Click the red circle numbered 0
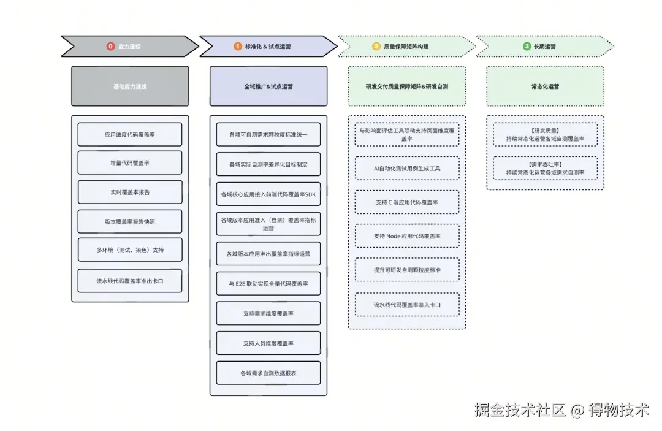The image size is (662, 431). point(110,47)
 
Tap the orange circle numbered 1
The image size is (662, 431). point(237,47)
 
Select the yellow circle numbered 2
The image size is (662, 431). point(376,47)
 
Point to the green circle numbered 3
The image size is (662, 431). point(527,47)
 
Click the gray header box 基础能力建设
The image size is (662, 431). point(130,86)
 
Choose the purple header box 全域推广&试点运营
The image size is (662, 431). point(268,86)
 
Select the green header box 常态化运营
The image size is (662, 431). point(545,86)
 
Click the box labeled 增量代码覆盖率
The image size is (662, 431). point(130,163)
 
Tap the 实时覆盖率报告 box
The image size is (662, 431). point(130,193)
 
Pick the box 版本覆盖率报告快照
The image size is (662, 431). point(130,222)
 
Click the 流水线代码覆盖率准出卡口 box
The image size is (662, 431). point(130,281)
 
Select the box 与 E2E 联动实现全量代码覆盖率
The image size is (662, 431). point(268,284)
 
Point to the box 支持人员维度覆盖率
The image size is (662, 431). point(268,343)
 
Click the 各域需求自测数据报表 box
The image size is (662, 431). point(268,373)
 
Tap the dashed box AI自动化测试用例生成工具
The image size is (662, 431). point(407,168)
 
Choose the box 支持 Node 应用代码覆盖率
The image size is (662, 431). point(407,236)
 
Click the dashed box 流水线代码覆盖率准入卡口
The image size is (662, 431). point(407,305)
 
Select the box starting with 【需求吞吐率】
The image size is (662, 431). point(545,169)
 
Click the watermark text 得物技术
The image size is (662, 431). point(619,410)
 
